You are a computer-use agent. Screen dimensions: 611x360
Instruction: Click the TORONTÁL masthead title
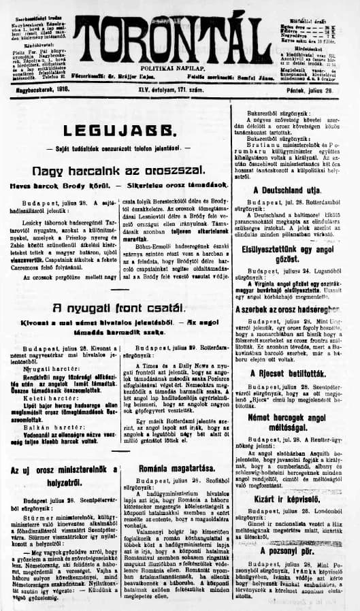[178, 33]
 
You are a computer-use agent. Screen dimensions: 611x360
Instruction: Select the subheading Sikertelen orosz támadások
[184, 184]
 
